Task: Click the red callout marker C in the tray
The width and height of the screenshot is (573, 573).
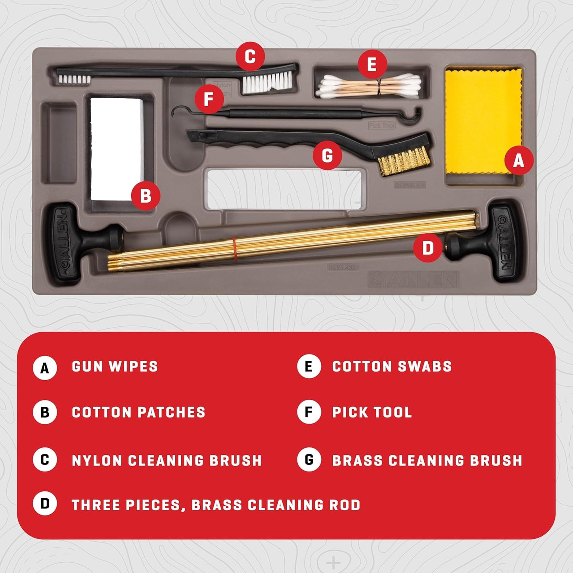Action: (250, 57)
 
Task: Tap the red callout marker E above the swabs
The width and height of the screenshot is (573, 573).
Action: (372, 64)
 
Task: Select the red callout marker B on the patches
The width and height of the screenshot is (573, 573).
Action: (146, 195)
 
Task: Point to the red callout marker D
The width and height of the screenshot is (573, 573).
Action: (427, 248)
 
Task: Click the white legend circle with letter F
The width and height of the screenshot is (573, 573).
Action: (309, 412)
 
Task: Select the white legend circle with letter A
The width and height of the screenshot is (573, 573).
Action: (45, 368)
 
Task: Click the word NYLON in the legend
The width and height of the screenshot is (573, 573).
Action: (97, 460)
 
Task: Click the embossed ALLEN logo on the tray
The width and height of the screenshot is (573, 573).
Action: (414, 280)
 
